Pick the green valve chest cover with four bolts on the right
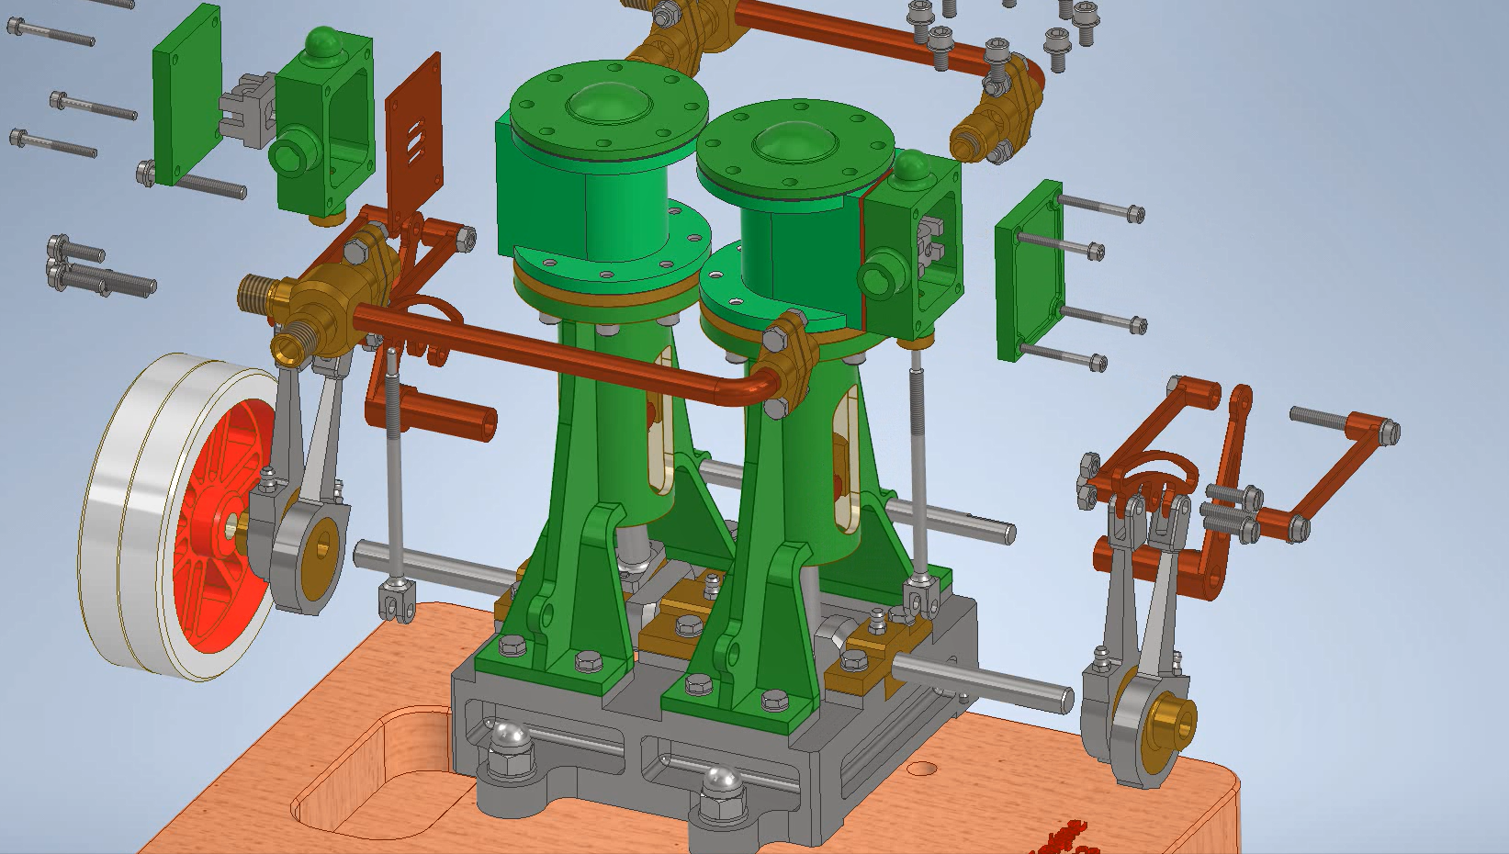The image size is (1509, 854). (1029, 271)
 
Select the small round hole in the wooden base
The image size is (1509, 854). (923, 768)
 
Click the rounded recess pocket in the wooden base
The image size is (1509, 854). (367, 781)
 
